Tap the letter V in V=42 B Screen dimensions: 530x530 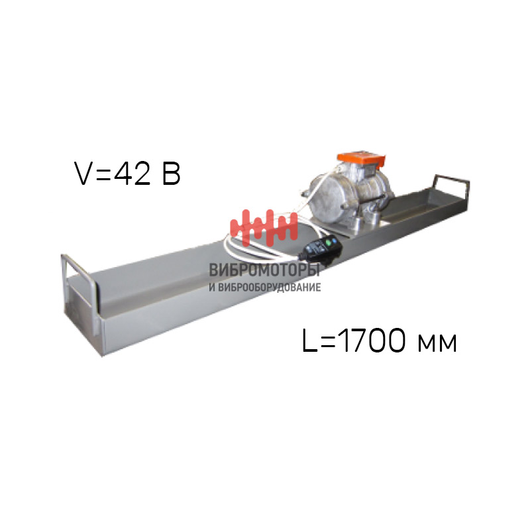(x=84, y=174)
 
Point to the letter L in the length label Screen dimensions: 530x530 (x=309, y=341)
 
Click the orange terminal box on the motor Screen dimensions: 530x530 (x=361, y=160)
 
